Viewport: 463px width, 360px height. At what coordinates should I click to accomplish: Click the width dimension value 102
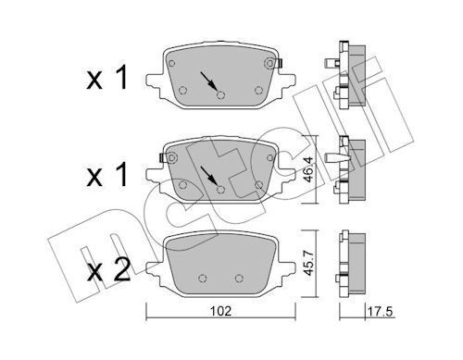(x=220, y=311)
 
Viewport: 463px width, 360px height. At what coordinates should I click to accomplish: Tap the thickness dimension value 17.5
(x=380, y=312)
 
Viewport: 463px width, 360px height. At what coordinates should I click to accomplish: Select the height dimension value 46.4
(x=308, y=169)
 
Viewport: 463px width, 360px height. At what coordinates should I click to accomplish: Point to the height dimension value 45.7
(x=308, y=263)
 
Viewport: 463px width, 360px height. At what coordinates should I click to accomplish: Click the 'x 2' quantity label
(x=108, y=271)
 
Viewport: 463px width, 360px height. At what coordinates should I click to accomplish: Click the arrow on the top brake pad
(x=209, y=81)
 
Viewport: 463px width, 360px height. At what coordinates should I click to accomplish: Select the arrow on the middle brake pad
(x=209, y=175)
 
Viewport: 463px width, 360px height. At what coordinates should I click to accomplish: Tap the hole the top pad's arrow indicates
(x=220, y=95)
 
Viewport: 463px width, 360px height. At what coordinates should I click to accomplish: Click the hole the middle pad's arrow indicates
(x=220, y=190)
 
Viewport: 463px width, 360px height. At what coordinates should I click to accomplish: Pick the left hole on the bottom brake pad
(x=202, y=279)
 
